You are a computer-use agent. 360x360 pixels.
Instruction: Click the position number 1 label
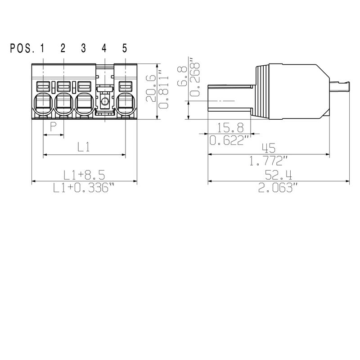pos(42,48)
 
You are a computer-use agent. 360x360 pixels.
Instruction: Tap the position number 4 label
pos(104,48)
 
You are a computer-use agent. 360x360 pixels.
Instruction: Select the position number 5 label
pos(125,48)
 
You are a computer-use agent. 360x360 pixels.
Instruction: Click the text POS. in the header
pos(22,48)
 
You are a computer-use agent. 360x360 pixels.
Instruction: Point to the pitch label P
pos(53,127)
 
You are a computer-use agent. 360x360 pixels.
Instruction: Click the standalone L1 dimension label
pos(84,147)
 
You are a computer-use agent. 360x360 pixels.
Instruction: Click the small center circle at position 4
pos(104,102)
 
